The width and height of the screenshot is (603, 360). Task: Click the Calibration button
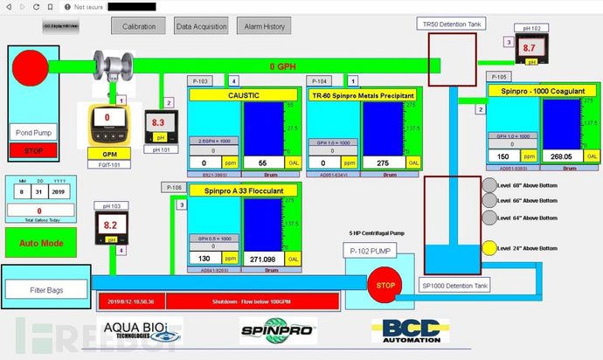[137, 26]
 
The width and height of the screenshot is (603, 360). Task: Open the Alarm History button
[264, 26]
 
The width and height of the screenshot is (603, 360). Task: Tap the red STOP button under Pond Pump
[32, 151]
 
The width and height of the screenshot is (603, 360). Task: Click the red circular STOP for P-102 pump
[381, 285]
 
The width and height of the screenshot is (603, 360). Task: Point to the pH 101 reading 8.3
[158, 124]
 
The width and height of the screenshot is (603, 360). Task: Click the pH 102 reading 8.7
[529, 49]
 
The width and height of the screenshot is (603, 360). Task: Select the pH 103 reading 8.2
[110, 225]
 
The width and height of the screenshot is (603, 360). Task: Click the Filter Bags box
[45, 289]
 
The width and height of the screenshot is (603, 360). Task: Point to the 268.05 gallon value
[560, 156]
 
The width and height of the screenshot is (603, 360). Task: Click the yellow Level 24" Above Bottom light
[489, 248]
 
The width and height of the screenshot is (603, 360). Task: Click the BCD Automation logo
[411, 330]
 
